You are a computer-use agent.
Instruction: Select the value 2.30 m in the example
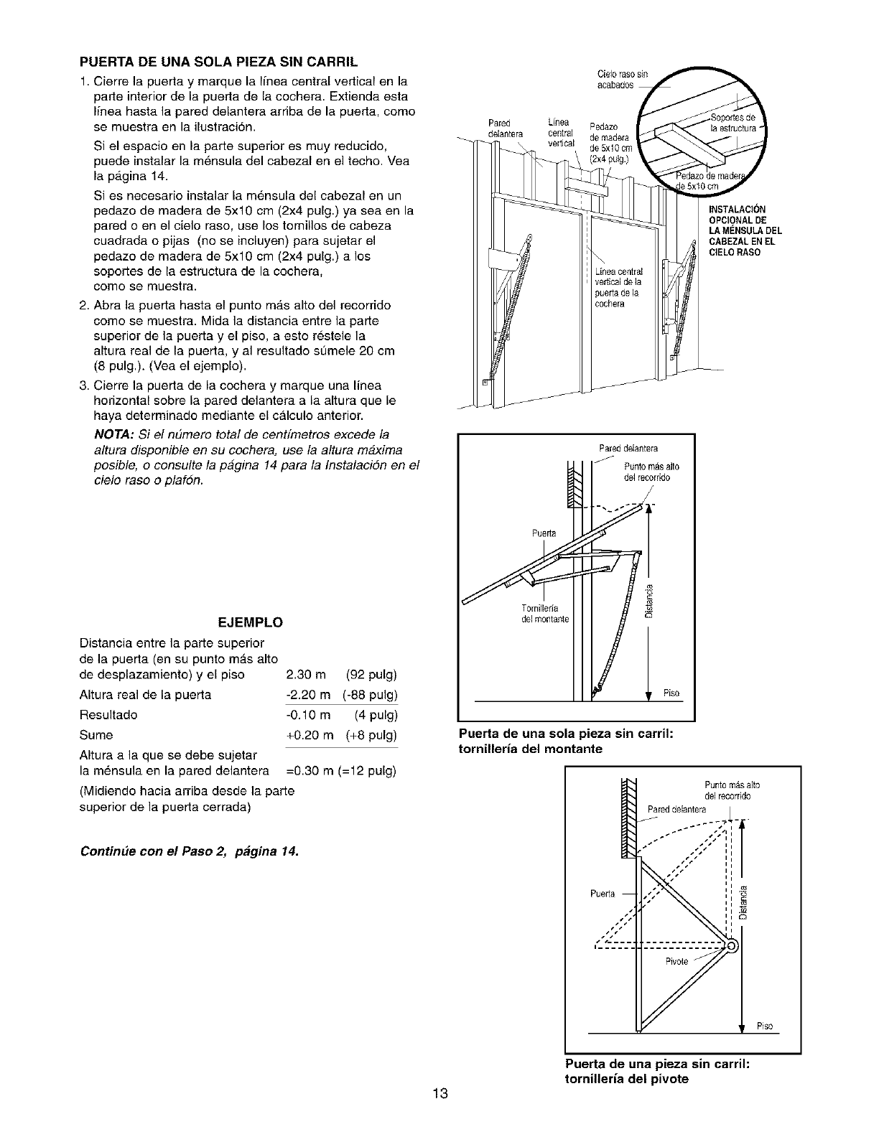click(306, 675)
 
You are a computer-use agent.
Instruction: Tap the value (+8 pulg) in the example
click(371, 735)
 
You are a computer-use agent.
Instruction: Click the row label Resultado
click(108, 715)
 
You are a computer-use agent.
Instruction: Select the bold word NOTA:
click(112, 435)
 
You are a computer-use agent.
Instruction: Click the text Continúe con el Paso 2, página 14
click(190, 852)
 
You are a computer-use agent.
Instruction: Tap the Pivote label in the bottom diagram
click(676, 961)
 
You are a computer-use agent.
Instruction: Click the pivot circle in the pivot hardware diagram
click(732, 945)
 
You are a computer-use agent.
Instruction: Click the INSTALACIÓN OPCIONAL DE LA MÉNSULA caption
click(744, 231)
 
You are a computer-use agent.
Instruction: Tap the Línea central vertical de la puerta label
click(618, 288)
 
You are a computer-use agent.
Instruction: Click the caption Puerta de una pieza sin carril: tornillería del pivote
click(658, 1070)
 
